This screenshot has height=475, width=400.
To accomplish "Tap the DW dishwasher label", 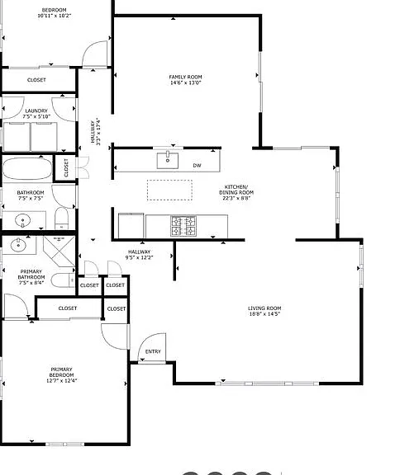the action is [197, 166].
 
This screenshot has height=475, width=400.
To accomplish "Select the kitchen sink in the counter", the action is [168, 161].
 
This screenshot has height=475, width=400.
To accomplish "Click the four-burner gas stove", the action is [183, 226].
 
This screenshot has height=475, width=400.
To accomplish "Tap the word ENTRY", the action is [153, 351].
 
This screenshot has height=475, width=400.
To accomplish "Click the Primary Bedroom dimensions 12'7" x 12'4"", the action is [62, 380].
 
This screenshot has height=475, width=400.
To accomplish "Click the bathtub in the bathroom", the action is [27, 169].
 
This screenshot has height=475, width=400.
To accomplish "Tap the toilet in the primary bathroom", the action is [63, 280].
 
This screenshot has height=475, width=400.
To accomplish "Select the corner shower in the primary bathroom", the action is [60, 252].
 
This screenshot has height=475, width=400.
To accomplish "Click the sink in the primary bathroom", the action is [18, 245].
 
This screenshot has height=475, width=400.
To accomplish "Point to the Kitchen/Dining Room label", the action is [236, 192].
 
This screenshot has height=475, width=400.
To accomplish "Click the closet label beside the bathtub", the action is [66, 168].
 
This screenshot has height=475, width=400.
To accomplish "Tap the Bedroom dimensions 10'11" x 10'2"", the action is [55, 16].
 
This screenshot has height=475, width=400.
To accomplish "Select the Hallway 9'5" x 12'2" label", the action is [140, 255].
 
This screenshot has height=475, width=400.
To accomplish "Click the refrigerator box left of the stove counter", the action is [131, 226].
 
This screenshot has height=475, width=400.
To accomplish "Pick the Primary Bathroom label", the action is [31, 277].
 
